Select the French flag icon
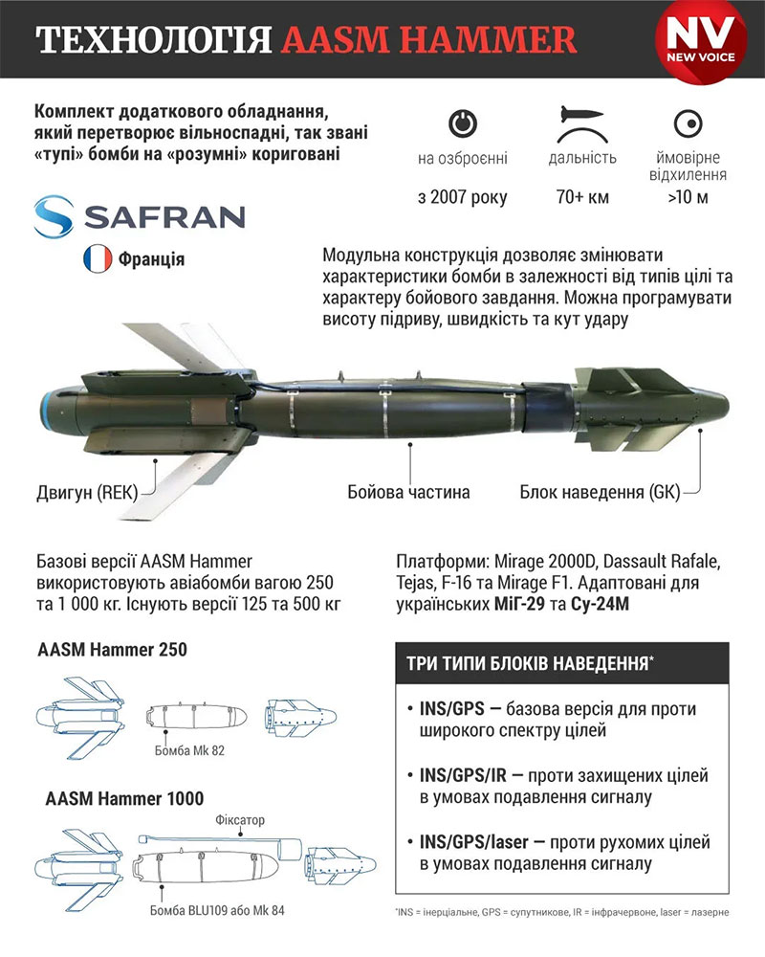pos(98,258)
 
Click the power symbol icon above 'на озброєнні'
pos(462,123)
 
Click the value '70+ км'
pos(582,198)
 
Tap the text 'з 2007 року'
pos(462,198)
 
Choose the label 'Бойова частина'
pos(408,492)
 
